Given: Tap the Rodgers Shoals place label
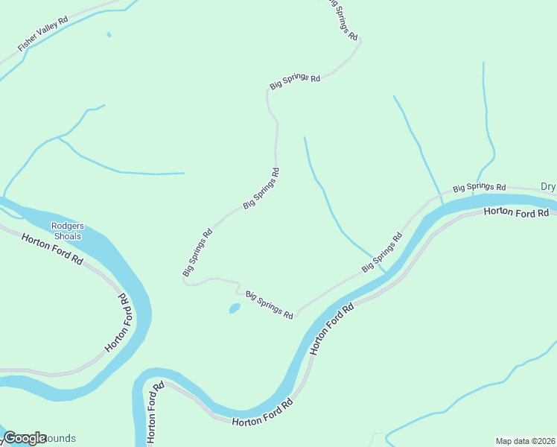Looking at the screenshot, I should tap(66, 231).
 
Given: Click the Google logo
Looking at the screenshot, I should tap(25, 438).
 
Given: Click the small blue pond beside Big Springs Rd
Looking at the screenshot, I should tap(234, 308).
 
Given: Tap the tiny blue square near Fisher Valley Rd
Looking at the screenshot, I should tap(109, 34).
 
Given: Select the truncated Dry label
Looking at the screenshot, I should tap(548, 187).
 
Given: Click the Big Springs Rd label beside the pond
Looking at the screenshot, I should tap(269, 305).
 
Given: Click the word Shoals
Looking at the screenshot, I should tap(66, 236).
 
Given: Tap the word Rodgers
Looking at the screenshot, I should tap(66, 226).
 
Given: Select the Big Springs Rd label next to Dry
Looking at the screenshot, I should tap(480, 187).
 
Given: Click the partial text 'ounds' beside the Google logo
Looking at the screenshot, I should tap(61, 438).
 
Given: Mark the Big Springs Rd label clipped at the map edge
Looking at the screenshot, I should tap(343, 19).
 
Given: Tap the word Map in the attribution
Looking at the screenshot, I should tap(505, 441).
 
